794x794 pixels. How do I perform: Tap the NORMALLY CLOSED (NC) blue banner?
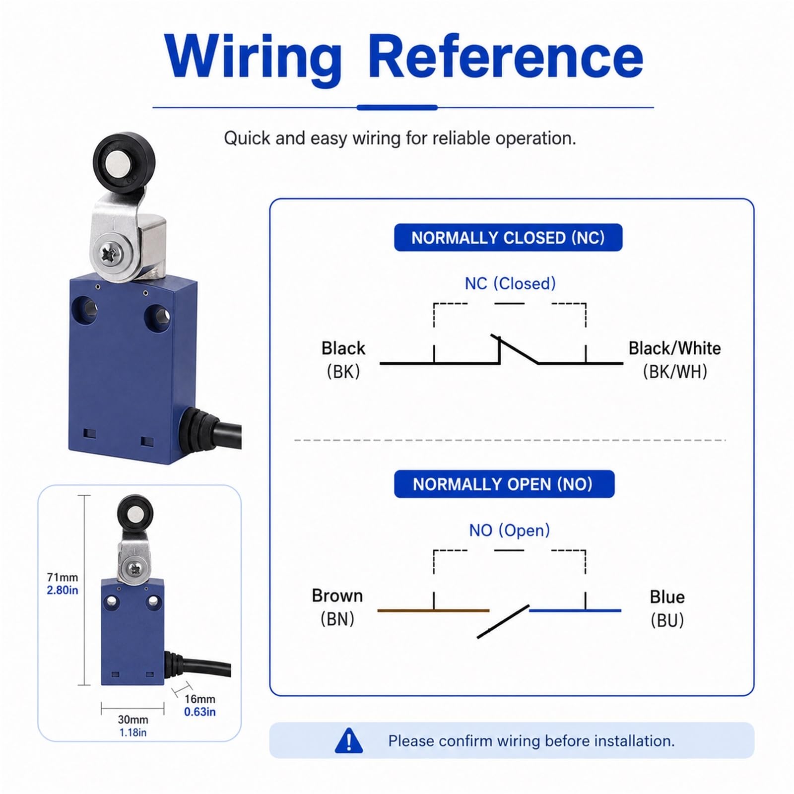[x=508, y=238]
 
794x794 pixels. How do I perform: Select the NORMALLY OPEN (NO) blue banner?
[x=504, y=484]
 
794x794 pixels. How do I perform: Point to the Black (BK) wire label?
[x=343, y=360]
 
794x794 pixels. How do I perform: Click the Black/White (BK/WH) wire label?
[x=674, y=360]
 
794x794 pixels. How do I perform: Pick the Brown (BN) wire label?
[x=337, y=607]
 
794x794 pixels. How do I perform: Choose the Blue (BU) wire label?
[x=667, y=608]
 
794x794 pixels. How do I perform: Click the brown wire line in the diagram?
[x=433, y=610]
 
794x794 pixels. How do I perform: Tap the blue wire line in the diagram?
[x=575, y=610]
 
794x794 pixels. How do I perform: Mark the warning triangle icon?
[x=349, y=740]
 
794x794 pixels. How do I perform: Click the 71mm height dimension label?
[x=63, y=577]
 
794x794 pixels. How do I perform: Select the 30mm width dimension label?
[x=133, y=719]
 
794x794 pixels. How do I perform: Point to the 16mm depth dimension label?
[x=200, y=699]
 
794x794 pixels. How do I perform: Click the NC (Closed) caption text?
[x=510, y=283]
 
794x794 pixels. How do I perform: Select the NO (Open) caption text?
[x=510, y=530]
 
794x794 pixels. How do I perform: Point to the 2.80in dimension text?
[x=63, y=590]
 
